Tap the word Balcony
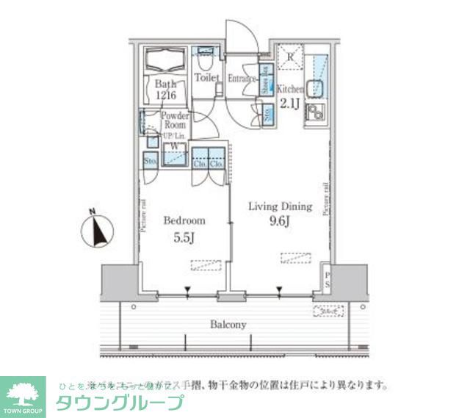[228, 324]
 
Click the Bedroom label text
[184, 220]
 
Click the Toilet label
[208, 76]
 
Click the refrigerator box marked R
[291, 57]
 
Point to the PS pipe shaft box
[327, 280]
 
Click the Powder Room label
[176, 120]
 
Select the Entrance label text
[242, 79]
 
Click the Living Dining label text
[279, 206]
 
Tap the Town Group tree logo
[23, 394]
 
